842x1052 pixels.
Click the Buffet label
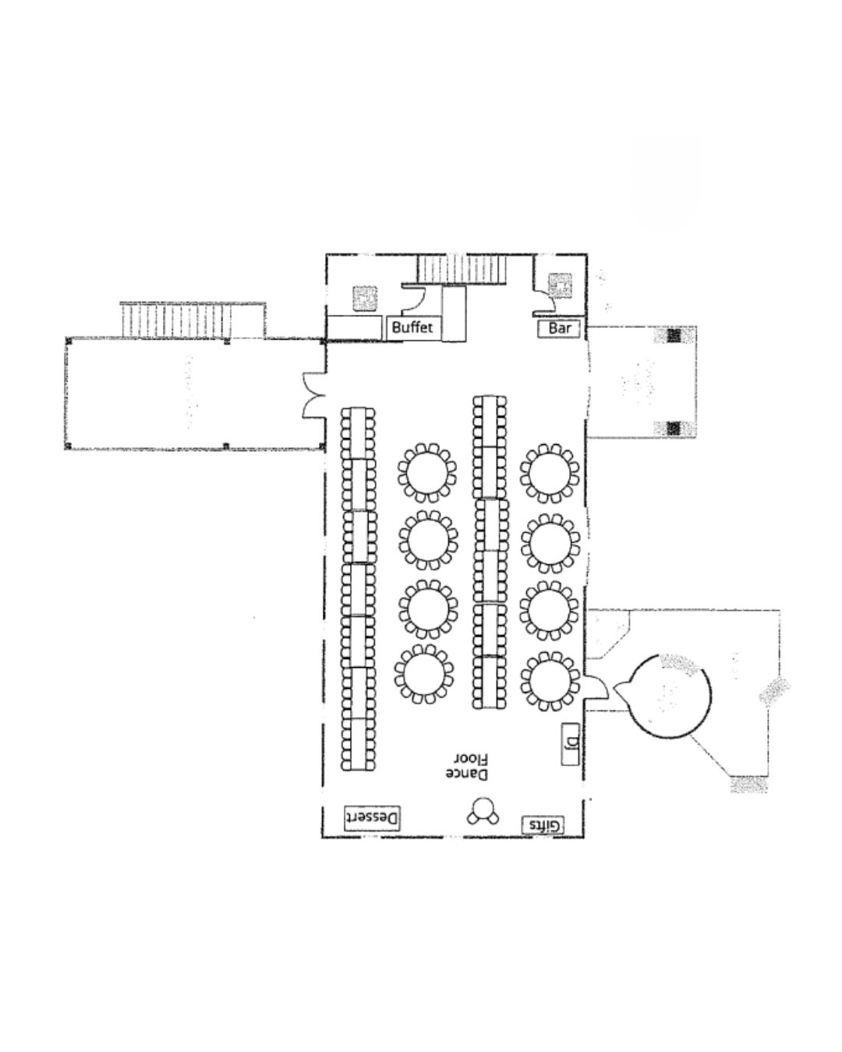(412, 327)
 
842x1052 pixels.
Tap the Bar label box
(559, 328)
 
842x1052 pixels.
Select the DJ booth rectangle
(570, 744)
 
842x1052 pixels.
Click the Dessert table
(373, 818)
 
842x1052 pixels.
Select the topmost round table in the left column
(426, 473)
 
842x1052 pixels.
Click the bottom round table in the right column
(550, 680)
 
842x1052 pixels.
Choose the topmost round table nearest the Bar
(549, 473)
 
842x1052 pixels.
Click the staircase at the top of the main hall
(462, 270)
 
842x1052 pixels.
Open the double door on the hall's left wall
(313, 396)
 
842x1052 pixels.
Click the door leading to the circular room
(596, 687)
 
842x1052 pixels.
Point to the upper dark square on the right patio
(674, 336)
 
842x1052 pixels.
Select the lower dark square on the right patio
(674, 429)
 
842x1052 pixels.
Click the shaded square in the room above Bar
(559, 285)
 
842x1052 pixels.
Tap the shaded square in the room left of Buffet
(365, 298)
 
